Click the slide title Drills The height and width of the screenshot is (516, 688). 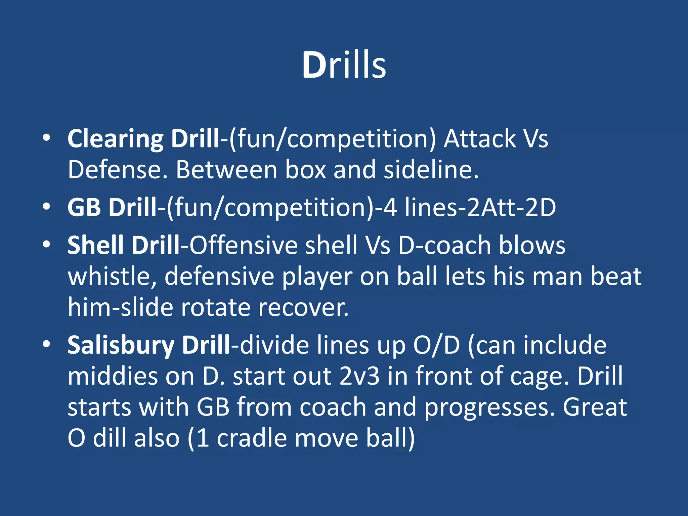(344, 65)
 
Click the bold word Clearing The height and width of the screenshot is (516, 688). (115, 139)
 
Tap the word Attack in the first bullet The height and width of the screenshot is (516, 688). (480, 138)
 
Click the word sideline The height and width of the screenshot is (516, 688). (431, 169)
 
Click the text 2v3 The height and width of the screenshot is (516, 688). (359, 376)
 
